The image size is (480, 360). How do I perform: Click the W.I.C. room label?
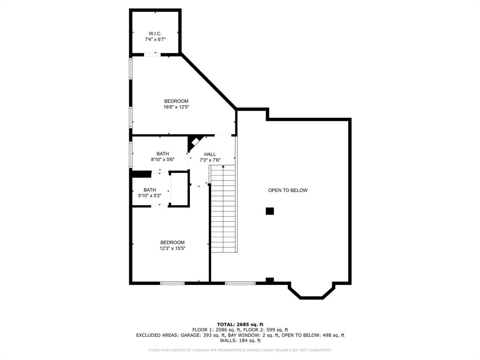155,33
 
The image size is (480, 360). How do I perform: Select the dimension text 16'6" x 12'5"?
176,107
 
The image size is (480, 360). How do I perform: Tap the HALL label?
210,154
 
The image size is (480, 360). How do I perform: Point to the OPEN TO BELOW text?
287,190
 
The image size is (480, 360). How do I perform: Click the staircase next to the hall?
223,209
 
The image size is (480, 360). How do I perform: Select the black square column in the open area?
270,211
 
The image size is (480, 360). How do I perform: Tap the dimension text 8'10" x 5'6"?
163,160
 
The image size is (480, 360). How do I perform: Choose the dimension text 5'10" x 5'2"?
150,195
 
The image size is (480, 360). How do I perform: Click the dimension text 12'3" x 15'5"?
172,248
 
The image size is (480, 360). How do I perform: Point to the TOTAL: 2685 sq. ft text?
240,324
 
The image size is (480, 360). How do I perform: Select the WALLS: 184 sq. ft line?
240,341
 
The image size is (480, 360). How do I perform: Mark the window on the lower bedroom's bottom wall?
172,283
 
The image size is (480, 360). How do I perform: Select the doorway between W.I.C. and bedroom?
152,55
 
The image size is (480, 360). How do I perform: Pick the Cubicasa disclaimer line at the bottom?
240,350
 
